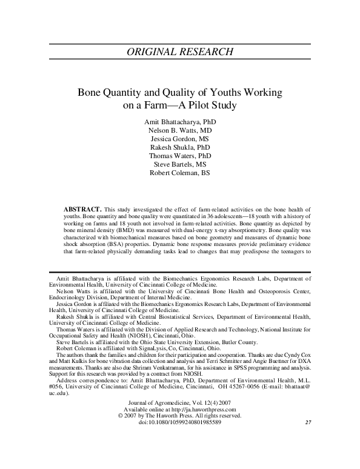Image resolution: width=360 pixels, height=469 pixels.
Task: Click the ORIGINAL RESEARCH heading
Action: [180, 51]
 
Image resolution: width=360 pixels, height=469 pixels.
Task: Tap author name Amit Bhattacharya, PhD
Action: [180, 122]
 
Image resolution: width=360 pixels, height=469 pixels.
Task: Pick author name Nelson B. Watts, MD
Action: [180, 130]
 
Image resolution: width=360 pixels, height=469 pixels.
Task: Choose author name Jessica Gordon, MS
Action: [180, 139]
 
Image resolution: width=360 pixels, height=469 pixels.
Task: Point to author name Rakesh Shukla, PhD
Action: [180, 147]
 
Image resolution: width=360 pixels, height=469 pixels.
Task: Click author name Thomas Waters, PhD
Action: [180, 156]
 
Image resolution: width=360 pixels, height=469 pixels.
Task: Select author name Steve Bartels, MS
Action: [180, 164]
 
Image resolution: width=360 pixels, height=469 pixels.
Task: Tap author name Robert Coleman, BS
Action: [180, 173]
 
